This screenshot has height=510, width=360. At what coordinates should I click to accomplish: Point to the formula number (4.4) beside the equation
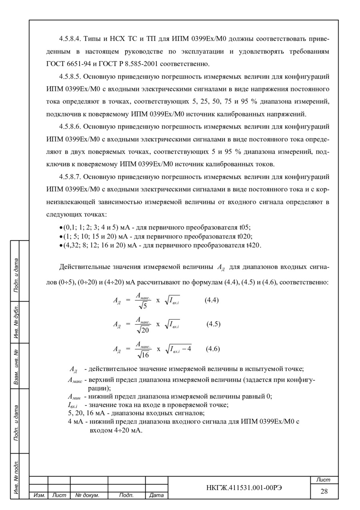tap(212, 300)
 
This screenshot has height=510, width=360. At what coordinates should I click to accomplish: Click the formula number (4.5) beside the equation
tap(214, 324)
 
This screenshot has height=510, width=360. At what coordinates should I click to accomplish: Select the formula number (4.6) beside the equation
tap(213, 349)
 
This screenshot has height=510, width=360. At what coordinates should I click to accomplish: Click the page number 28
tap(324, 491)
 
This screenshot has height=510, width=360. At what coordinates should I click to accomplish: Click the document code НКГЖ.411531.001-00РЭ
tap(239, 488)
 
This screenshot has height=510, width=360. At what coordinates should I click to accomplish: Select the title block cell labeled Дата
tap(156, 496)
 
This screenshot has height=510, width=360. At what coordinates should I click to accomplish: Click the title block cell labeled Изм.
tap(39, 496)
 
